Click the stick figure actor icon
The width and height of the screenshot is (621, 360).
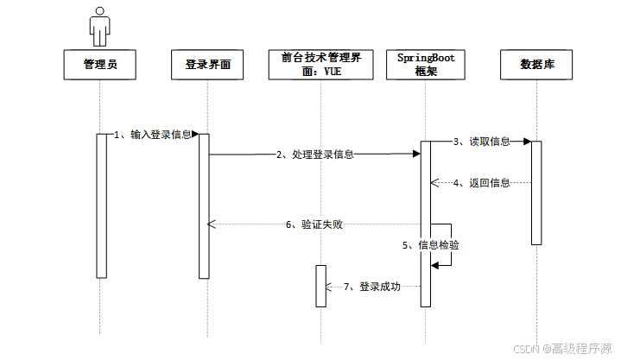click(100, 27)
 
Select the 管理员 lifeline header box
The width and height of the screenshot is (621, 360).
click(100, 65)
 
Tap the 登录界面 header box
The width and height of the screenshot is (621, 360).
click(207, 65)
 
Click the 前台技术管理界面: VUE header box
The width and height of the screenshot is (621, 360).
click(320, 65)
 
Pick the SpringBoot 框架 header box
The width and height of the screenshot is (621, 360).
click(426, 65)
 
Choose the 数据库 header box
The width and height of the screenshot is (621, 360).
click(536, 65)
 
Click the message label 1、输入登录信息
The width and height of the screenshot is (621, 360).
click(153, 135)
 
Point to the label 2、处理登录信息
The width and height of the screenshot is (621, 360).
click(315, 155)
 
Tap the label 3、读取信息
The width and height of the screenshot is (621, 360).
click(482, 142)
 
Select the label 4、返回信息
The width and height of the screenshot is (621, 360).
click(482, 183)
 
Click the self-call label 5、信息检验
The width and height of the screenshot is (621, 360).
click(430, 245)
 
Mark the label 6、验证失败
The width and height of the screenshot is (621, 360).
click(314, 224)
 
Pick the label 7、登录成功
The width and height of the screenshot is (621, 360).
click(372, 287)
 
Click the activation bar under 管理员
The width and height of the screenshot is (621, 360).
click(102, 206)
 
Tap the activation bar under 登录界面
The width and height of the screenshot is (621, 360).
click(204, 206)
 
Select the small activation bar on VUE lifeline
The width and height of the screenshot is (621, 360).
click(320, 286)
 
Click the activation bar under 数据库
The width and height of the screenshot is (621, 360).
click(536, 193)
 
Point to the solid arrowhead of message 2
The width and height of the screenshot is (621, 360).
click(416, 154)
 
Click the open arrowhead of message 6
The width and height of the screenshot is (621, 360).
click(212, 224)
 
